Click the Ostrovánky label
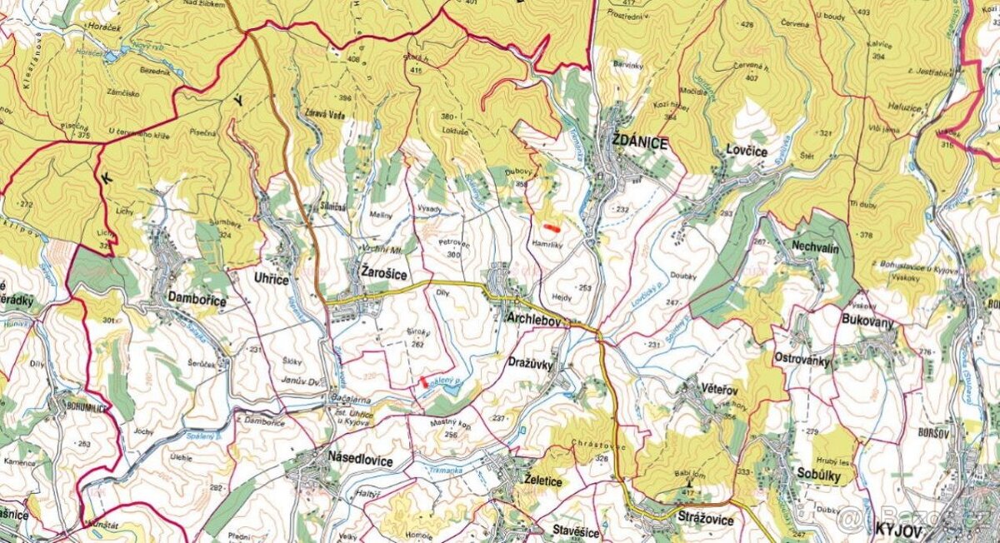tap(804, 360)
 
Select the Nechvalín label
tap(813, 249)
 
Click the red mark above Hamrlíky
tap(550, 225)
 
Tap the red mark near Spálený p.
tap(424, 381)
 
